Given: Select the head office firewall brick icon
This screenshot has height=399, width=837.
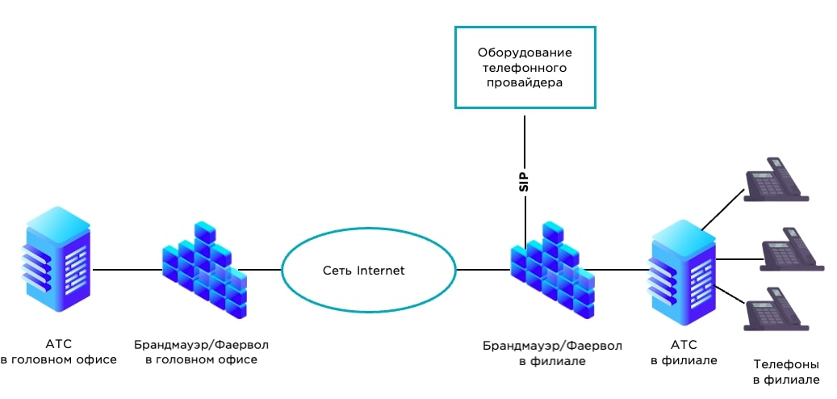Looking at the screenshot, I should pyautogui.click(x=203, y=270).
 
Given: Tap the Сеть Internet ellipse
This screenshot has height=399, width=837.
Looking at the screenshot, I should pyautogui.click(x=368, y=270).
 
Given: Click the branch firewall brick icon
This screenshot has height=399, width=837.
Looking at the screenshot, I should pyautogui.click(x=551, y=270).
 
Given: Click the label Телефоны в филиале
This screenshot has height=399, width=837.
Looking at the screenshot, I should pyautogui.click(x=786, y=372).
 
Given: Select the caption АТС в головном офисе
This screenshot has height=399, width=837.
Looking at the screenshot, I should pyautogui.click(x=58, y=351).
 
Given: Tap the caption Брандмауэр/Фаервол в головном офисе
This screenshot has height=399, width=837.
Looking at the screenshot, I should pyautogui.click(x=202, y=351).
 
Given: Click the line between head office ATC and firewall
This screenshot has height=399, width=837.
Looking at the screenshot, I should pyautogui.click(x=125, y=270).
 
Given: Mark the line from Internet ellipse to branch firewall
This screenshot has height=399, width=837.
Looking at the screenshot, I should pyautogui.click(x=483, y=270).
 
